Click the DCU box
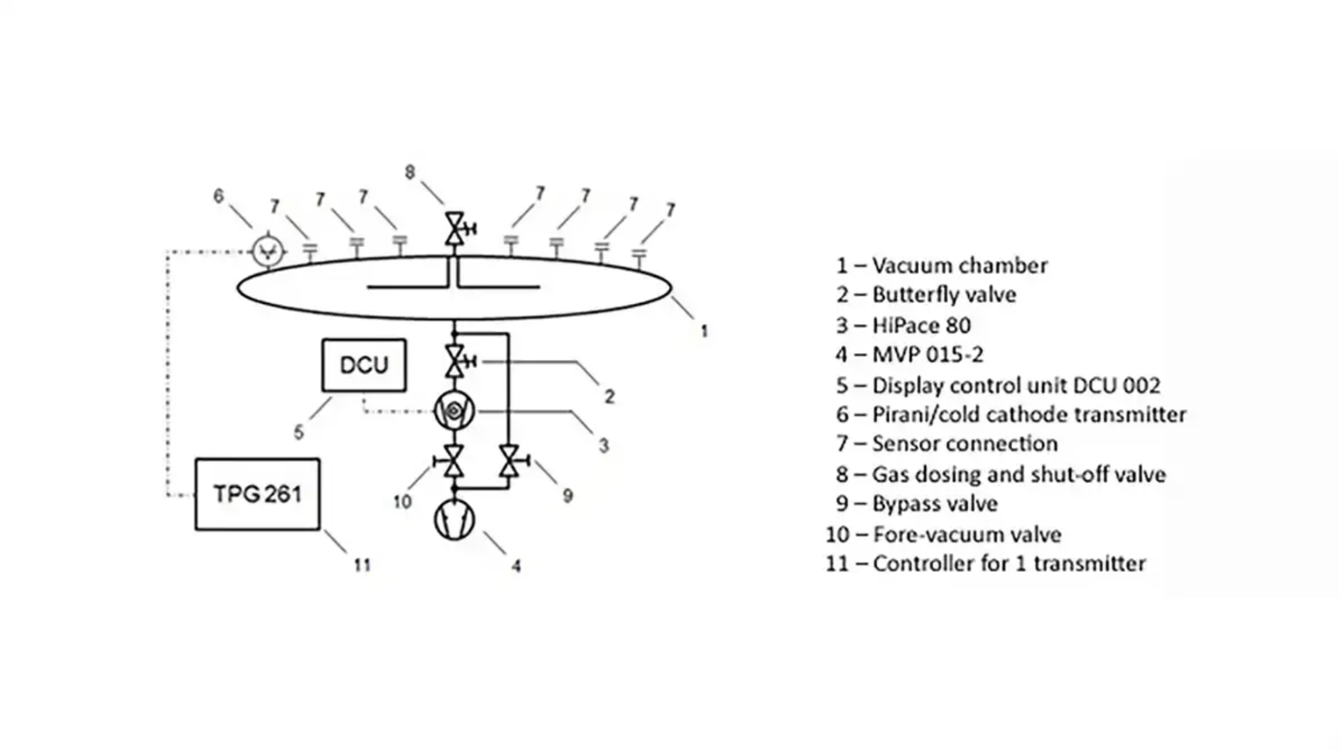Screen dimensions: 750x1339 point(364,365)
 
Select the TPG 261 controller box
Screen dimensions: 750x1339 point(257,494)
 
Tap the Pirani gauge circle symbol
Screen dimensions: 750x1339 point(268,249)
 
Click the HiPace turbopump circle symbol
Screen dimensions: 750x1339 point(454,410)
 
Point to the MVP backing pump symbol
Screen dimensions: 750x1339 point(454,519)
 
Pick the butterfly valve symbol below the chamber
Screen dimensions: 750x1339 point(455,361)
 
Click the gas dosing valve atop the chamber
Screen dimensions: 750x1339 point(455,228)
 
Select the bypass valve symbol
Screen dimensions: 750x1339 point(509,461)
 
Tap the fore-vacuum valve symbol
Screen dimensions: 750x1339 point(454,461)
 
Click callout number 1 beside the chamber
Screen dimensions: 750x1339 point(704,331)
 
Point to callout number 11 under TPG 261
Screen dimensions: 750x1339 point(362,565)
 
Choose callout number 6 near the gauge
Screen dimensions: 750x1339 point(218,196)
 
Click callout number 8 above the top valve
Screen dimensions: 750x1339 point(409,172)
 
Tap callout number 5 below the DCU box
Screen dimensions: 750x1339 point(299,433)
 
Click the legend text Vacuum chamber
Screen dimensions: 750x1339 point(959,265)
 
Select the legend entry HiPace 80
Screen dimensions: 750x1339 point(921,325)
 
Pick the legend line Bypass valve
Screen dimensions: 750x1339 point(934,504)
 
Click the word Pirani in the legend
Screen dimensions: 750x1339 point(900,414)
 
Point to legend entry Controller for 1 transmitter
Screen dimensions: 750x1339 point(1008,563)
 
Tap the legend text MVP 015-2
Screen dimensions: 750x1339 point(927,355)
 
